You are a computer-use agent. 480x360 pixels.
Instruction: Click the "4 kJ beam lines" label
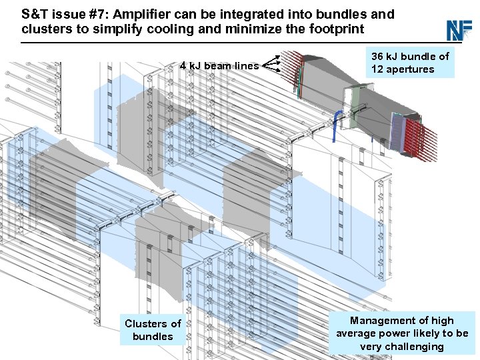[219, 65]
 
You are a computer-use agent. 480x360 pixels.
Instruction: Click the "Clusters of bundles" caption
[153, 330]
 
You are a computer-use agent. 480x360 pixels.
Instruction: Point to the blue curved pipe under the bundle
[339, 122]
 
